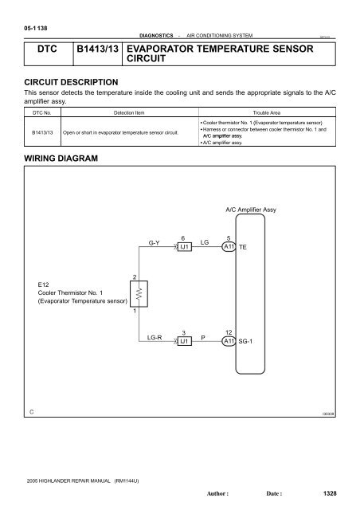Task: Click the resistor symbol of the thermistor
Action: click(135, 296)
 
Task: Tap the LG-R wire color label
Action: click(155, 339)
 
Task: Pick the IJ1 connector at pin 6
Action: click(184, 247)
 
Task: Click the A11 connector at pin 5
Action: click(229, 247)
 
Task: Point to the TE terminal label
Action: click(243, 248)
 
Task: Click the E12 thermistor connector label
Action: click(44, 283)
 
